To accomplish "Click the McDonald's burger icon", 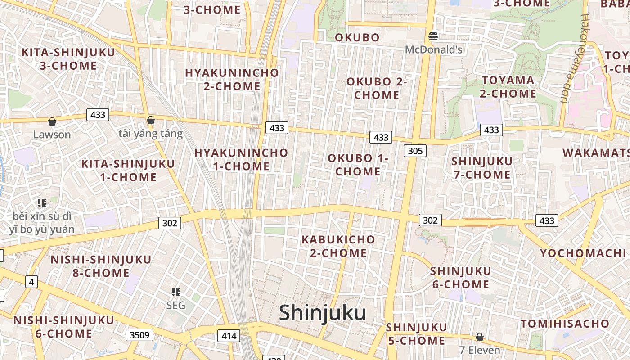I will pos(433,36).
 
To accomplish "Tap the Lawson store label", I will pos(52,135).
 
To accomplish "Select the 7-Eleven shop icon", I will pos(480,337).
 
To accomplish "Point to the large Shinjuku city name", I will pos(322,313).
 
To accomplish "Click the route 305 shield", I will pos(414,151).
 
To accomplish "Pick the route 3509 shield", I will pos(139,335).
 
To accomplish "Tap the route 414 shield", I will pos(229,335).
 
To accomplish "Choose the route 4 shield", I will pos(31,282).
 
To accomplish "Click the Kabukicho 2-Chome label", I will pos(338,246).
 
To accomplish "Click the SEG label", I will pos(175,305).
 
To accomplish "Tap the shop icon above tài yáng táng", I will pos(151,121).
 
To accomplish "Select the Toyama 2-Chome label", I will pos(508,87).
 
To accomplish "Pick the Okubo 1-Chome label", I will pos(358,165).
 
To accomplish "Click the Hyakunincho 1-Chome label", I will pos(241,159).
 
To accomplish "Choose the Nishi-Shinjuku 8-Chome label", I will pos(101,266).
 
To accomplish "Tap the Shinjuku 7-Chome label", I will pos(482,168).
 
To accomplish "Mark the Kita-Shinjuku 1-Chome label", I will pos(128,171).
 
